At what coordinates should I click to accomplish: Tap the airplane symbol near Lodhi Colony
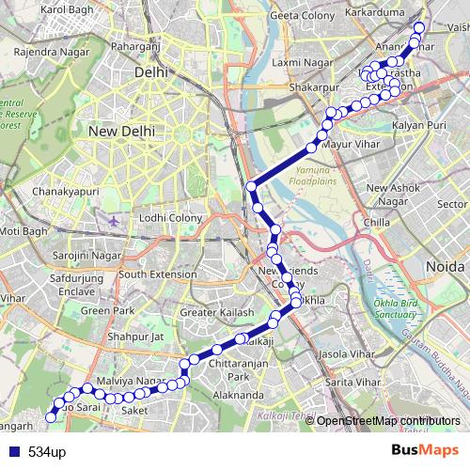[115, 220]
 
